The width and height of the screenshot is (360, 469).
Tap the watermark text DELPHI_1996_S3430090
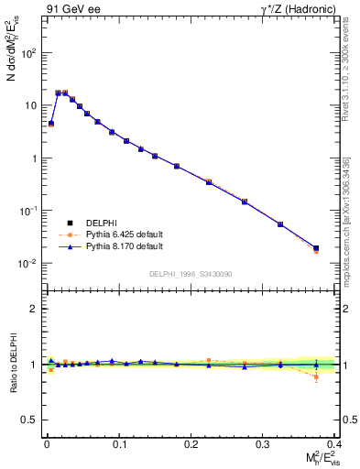(x=189, y=274)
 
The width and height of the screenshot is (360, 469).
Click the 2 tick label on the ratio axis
(x=33, y=309)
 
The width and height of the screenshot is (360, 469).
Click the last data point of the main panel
(x=316, y=248)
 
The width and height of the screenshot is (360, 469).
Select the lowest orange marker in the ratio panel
(x=316, y=376)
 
